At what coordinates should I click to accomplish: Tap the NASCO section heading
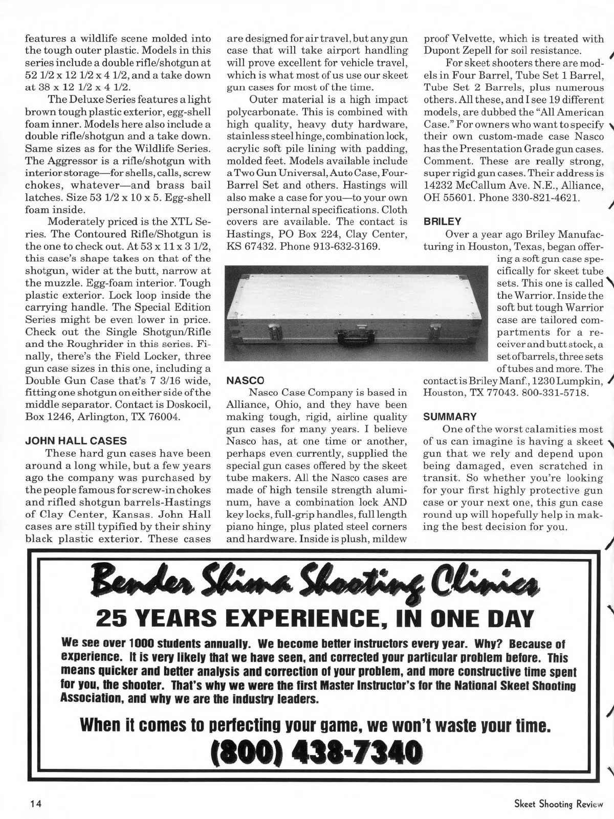(x=245, y=380)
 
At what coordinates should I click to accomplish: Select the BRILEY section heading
(x=442, y=222)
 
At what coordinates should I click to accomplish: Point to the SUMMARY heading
(x=450, y=416)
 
